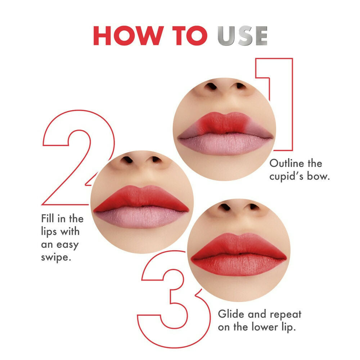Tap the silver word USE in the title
(x=242, y=36)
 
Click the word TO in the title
(x=188, y=36)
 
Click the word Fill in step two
(x=48, y=219)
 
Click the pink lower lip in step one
(x=225, y=144)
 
